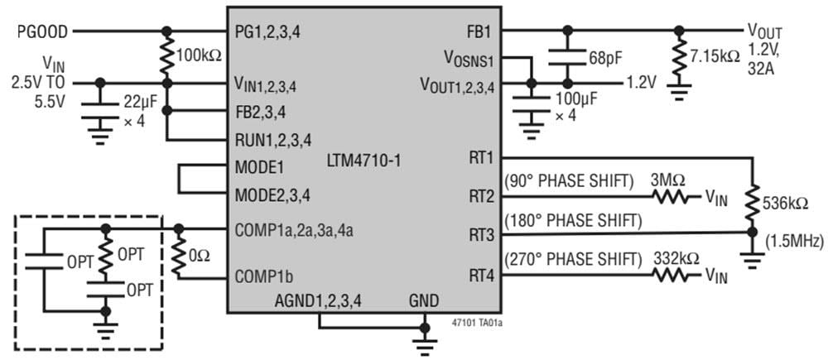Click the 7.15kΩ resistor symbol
click(x=680, y=56)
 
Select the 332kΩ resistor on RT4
click(x=670, y=274)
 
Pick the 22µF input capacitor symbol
click(x=101, y=108)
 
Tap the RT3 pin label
click(x=479, y=235)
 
